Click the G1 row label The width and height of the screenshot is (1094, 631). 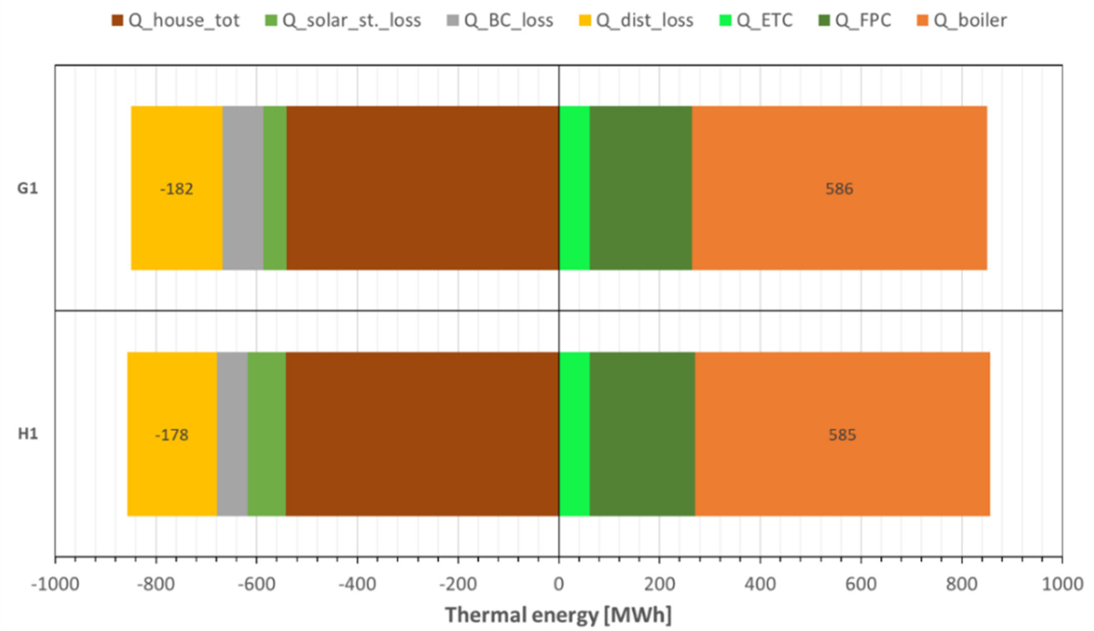pos(27,188)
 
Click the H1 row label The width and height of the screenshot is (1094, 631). pos(27,434)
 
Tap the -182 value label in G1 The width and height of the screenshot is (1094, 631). pos(176,189)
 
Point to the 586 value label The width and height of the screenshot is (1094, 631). pos(839,189)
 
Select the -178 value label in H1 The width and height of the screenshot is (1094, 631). pos(172,435)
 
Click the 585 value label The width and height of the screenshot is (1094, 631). pos(842,435)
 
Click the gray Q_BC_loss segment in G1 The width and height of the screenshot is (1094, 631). pos(243,188)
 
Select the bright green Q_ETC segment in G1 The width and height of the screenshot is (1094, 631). pos(574,188)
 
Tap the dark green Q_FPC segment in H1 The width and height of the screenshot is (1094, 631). pos(642,434)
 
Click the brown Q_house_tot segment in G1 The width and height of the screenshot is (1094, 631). pos(422,188)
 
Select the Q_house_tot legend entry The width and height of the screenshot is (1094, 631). pos(176,20)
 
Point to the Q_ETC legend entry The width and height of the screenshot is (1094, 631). pos(756,20)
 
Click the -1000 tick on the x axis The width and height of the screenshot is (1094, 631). pos(55,584)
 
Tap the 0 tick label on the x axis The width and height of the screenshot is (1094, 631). pos(559,584)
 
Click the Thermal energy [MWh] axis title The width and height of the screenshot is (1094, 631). pos(558,615)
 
